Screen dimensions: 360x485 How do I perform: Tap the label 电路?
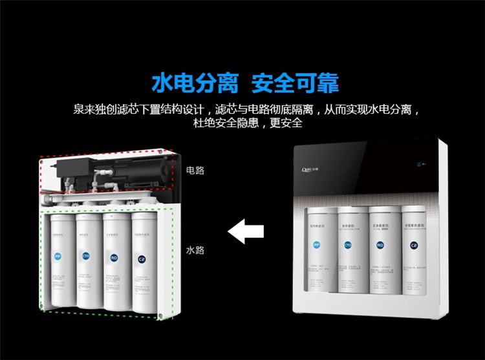(x=195, y=171)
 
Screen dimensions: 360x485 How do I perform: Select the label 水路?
(x=195, y=250)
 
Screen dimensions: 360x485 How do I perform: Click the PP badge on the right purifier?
(x=316, y=246)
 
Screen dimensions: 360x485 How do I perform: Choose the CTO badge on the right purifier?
(x=349, y=246)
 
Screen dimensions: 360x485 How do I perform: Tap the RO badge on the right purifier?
(x=381, y=246)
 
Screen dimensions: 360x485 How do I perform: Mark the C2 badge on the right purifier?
(x=413, y=246)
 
